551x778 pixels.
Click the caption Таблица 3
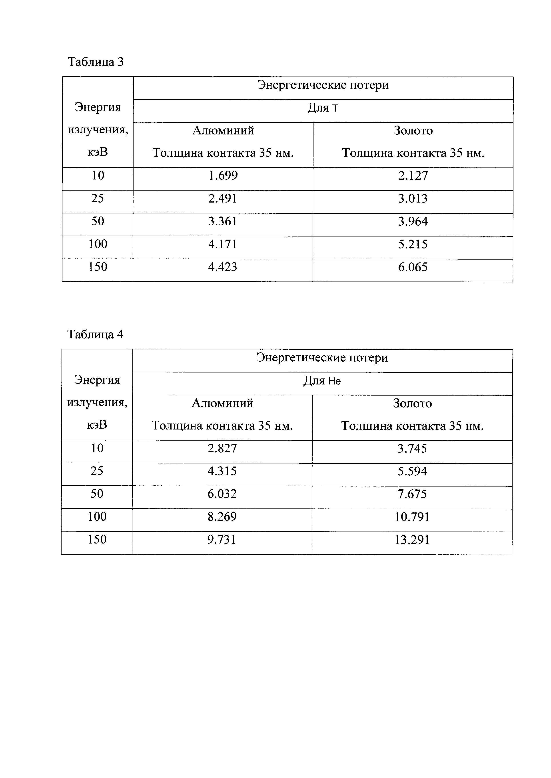[96, 62]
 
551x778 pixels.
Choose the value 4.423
[223, 267]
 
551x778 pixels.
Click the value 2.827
[222, 448]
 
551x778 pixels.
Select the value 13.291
[412, 540]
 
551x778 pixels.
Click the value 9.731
[222, 540]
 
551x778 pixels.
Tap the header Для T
[323, 108]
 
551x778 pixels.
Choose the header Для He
[322, 381]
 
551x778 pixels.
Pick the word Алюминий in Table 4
[223, 403]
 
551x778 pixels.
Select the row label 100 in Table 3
[98, 244]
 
